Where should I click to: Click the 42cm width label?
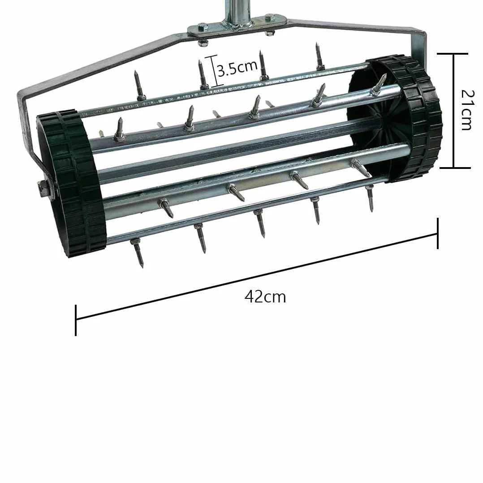point(265,297)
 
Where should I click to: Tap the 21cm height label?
point(467,110)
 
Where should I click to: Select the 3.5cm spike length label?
point(237,68)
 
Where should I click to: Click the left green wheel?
point(72,183)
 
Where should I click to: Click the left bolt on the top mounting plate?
point(202,27)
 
